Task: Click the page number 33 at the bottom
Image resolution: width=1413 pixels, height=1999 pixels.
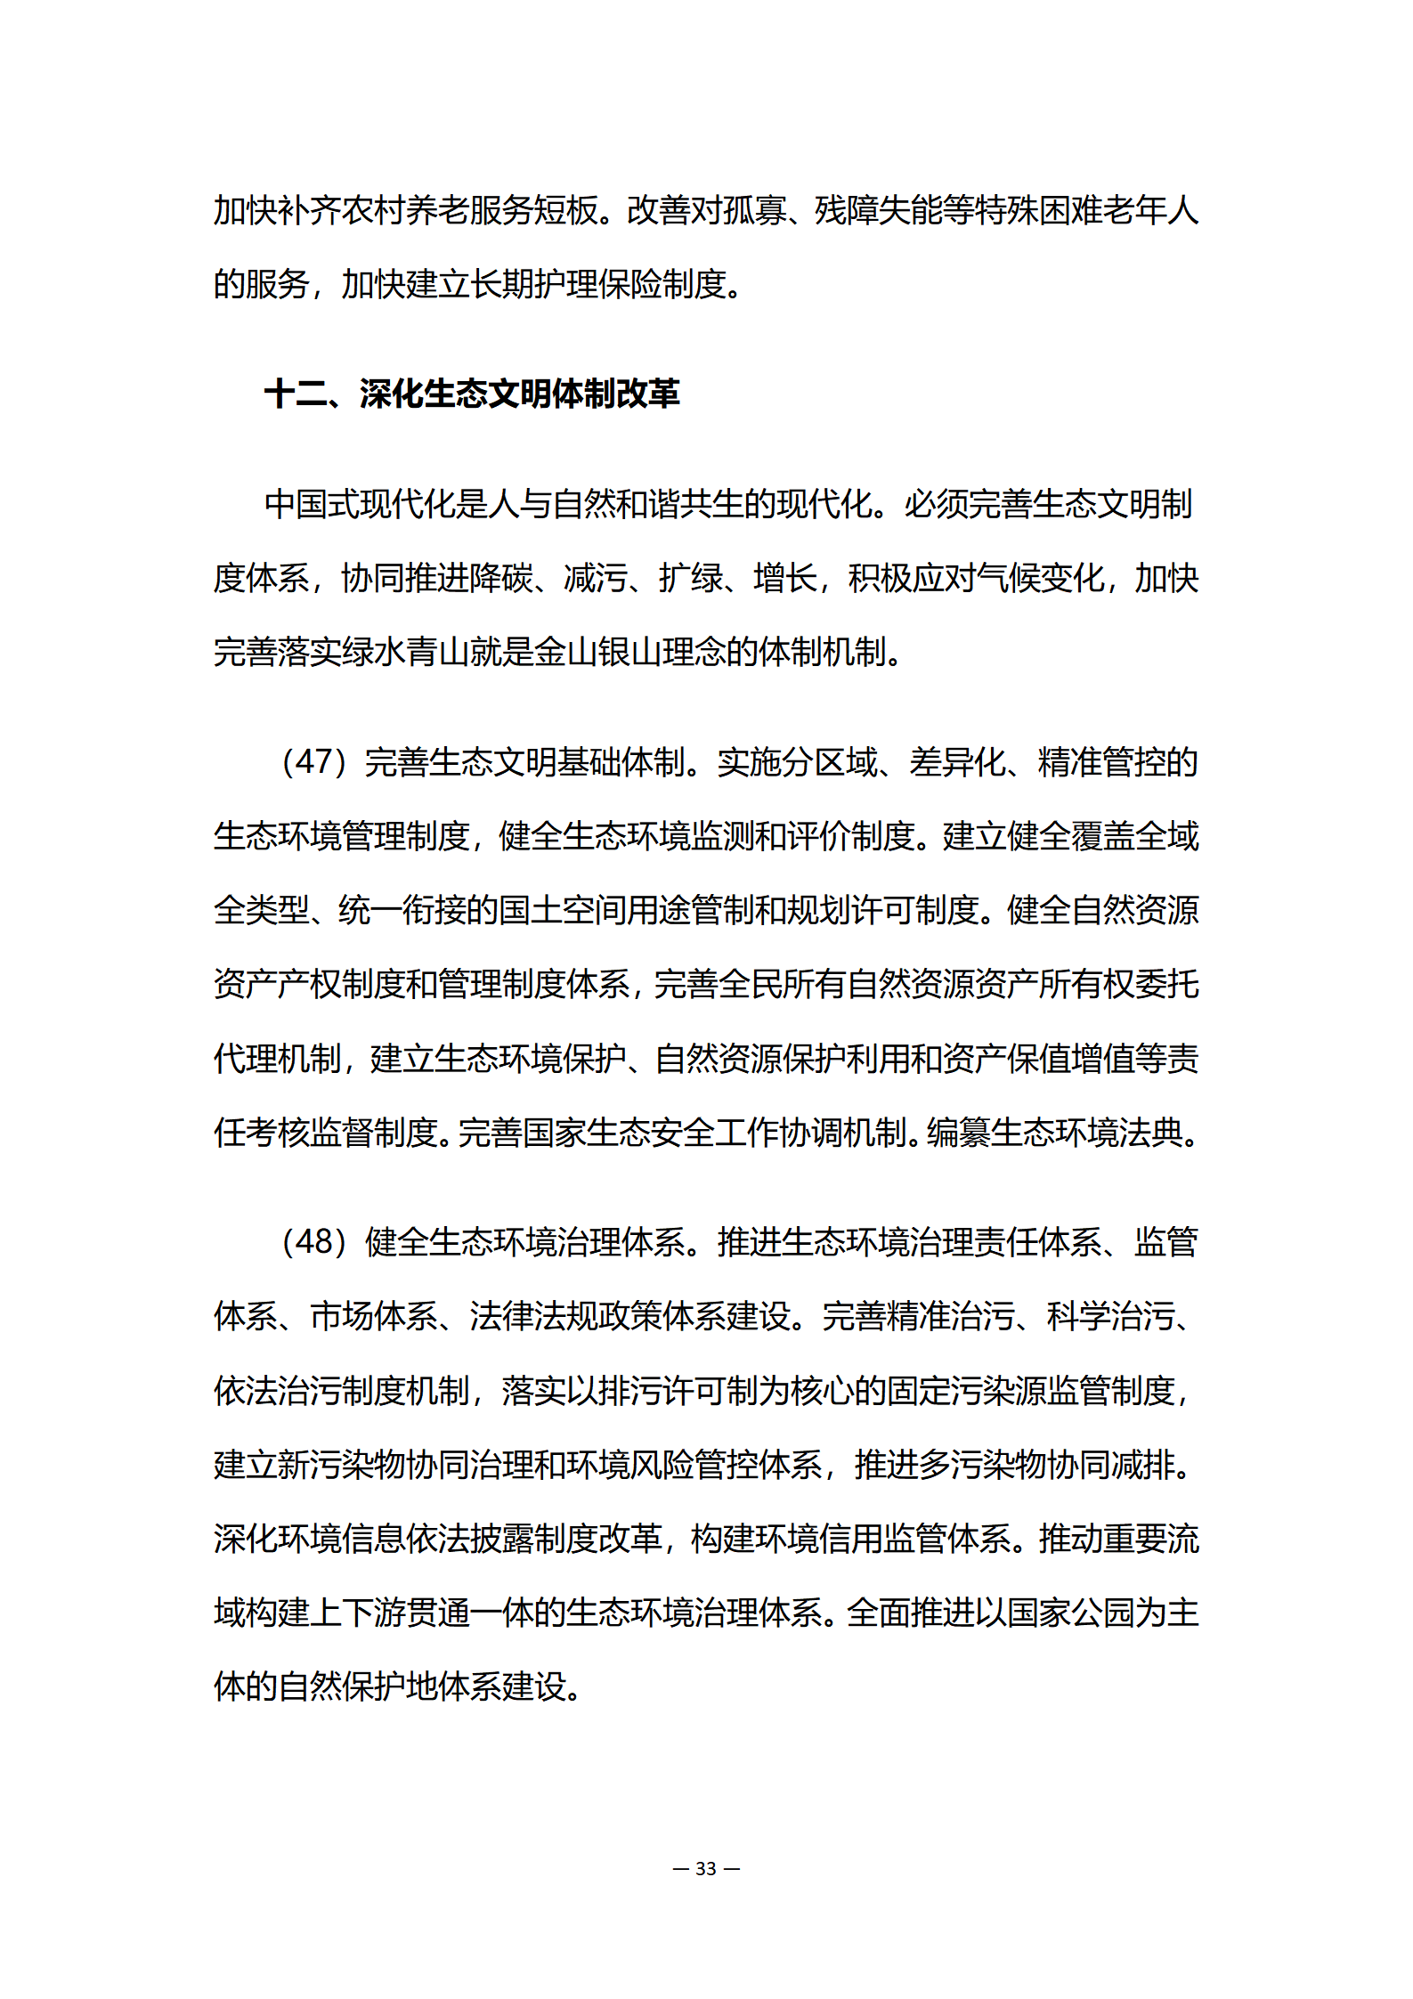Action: (706, 1868)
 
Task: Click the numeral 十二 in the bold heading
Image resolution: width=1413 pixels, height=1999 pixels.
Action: (296, 394)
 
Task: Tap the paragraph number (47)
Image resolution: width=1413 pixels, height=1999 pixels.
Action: (313, 762)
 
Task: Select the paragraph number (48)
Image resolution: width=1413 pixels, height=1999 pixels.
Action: (313, 1242)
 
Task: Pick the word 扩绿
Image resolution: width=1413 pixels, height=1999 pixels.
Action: (690, 578)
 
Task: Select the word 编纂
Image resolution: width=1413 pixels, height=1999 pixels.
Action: (958, 1133)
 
